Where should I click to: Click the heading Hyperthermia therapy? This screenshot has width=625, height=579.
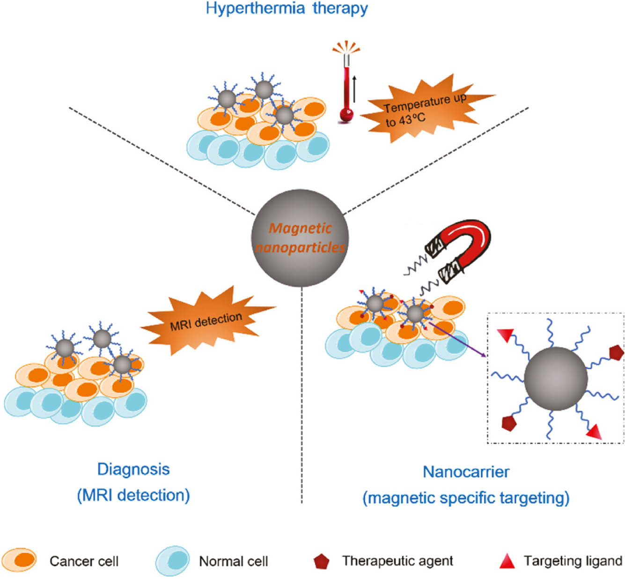(287, 8)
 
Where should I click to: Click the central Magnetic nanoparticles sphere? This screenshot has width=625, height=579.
(300, 238)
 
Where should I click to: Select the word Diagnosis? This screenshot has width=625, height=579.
(133, 469)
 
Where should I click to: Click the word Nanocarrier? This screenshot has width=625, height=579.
(466, 472)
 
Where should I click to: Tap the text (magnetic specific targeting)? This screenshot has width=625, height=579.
(466, 497)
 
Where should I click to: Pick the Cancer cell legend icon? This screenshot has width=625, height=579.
(19, 560)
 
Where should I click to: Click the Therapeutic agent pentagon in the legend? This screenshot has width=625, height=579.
(322, 561)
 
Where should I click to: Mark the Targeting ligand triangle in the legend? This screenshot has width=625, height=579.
(507, 561)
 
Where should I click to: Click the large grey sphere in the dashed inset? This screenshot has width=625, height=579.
(556, 379)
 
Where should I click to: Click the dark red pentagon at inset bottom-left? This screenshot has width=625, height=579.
(508, 423)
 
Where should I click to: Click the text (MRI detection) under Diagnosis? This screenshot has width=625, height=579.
(133, 495)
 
